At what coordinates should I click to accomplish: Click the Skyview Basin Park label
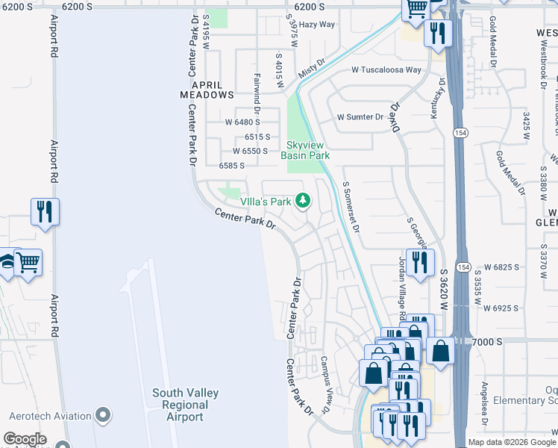(305, 151)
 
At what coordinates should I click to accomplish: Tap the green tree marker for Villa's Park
(302, 200)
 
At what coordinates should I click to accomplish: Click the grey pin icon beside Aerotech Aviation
(104, 415)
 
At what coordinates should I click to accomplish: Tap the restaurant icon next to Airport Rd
(45, 211)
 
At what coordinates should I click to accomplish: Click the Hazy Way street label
(317, 25)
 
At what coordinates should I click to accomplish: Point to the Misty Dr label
(313, 71)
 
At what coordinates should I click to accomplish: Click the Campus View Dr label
(325, 385)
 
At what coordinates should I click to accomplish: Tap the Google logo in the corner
(25, 439)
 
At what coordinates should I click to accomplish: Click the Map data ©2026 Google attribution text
(512, 442)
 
